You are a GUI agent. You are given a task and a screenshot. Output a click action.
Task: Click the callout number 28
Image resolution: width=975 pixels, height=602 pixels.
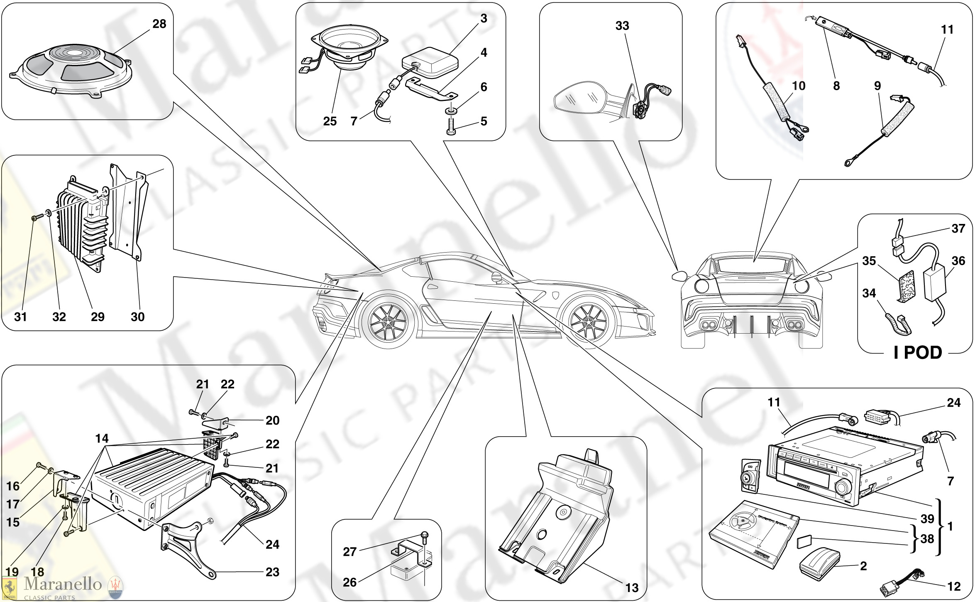click(x=159, y=24)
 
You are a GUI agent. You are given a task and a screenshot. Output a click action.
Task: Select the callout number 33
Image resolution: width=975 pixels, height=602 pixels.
click(x=622, y=26)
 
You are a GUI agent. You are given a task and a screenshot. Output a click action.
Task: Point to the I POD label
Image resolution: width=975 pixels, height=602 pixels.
click(x=918, y=353)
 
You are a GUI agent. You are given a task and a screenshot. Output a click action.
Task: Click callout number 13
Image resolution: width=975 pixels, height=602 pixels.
click(x=632, y=587)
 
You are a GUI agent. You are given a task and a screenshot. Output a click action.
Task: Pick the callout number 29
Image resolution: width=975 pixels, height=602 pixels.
click(x=98, y=317)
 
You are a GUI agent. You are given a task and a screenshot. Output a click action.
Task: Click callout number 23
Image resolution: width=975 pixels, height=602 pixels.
click(x=272, y=572)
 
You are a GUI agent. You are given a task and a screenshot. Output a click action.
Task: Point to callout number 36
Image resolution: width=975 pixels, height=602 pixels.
click(x=958, y=261)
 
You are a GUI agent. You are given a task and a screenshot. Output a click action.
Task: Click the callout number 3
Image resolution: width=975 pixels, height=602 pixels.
click(x=484, y=19)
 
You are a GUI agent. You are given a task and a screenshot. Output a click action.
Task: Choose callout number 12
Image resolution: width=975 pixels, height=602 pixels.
click(x=954, y=587)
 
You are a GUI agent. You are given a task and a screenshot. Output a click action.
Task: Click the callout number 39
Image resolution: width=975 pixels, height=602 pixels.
click(x=927, y=518)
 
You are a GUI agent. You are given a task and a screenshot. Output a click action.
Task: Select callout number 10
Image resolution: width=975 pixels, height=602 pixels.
click(x=798, y=86)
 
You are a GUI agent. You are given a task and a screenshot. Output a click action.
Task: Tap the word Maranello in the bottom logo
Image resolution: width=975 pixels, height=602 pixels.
click(x=63, y=584)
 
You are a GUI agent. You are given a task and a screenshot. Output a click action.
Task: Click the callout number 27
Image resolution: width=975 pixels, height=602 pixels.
click(x=349, y=552)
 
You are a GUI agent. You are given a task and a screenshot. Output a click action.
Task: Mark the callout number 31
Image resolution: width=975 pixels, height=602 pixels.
click(x=20, y=317)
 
